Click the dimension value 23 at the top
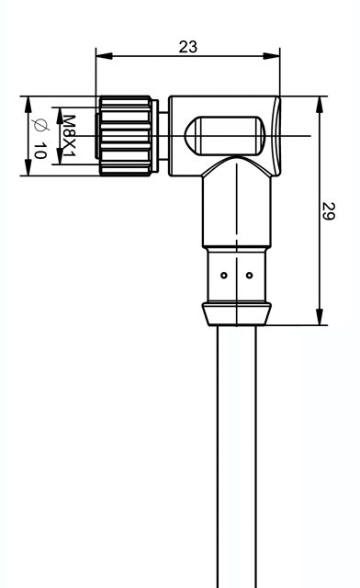coord(188,47)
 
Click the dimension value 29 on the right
coord(328,211)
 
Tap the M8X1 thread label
coord(69,136)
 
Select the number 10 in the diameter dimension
coord(39,151)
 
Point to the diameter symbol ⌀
coord(40,125)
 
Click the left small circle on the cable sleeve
coord(224,276)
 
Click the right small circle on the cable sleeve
coord(250,276)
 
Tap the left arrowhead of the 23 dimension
coord(104,56)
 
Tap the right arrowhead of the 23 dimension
coord(272,56)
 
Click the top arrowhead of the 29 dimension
coord(319,105)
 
